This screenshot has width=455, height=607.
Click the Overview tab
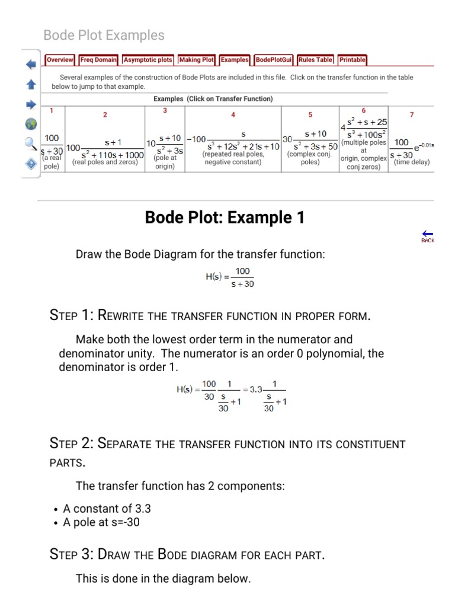[x=60, y=60]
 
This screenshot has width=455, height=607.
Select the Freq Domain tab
[x=98, y=60]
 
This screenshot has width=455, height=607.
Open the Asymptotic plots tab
[x=148, y=60]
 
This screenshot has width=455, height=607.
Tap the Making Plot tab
[x=197, y=60]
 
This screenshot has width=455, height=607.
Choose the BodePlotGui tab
[x=274, y=60]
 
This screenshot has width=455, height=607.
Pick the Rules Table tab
[x=316, y=60]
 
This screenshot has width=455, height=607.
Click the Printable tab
[x=352, y=60]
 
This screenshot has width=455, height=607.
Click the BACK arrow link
[x=427, y=236]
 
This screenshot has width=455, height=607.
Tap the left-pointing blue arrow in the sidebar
[x=31, y=64]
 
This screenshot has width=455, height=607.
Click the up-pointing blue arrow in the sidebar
[x=31, y=85]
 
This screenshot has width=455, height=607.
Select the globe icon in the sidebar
[x=31, y=124]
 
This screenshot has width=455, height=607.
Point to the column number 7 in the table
[x=412, y=114]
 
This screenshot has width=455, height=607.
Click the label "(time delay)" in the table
[x=412, y=162]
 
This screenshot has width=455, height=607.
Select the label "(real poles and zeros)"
[x=105, y=162]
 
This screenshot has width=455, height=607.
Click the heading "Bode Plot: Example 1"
[x=225, y=218]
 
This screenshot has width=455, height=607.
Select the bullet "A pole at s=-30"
[x=101, y=522]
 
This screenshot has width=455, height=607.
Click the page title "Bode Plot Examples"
[x=104, y=36]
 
